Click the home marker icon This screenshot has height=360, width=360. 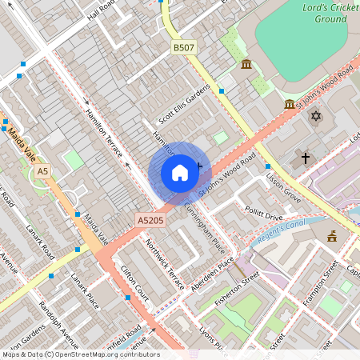[x=180, y=173]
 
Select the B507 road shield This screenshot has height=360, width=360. [x=184, y=49]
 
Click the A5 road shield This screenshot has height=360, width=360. [x=42, y=171]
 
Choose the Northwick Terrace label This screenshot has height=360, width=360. [x=165, y=263]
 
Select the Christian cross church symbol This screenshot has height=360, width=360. [x=305, y=158]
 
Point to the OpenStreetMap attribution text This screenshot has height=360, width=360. [x=80, y=354]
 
